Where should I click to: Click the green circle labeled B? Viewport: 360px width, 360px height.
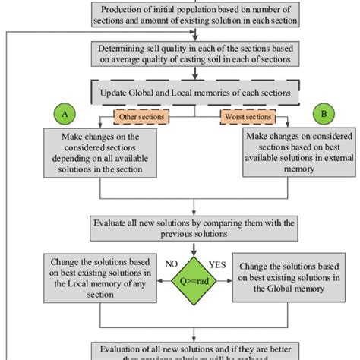325,113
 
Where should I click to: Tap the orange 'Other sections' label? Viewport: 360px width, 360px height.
141,117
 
